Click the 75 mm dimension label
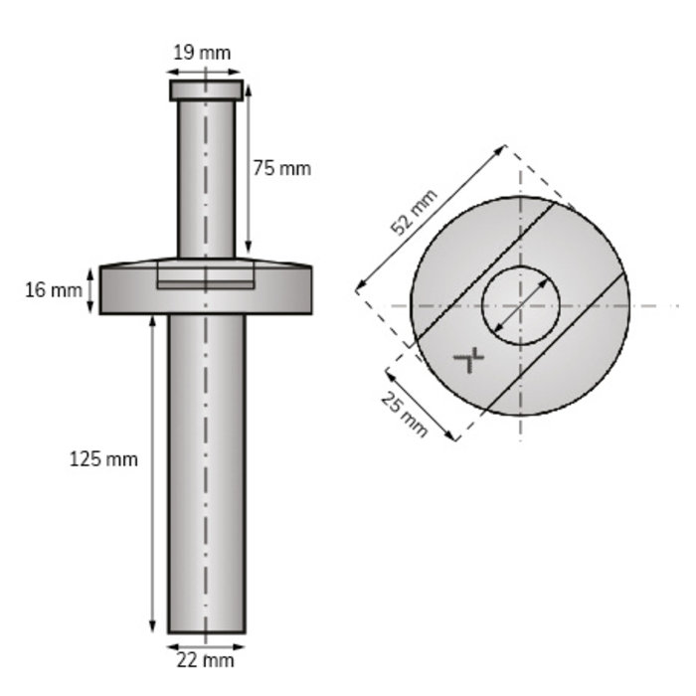click(x=281, y=168)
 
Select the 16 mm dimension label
click(x=53, y=290)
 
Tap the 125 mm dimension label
click(x=103, y=459)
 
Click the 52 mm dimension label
click(x=413, y=214)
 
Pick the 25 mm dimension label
click(x=404, y=414)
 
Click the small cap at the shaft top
click(x=206, y=90)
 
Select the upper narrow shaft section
click(x=206, y=179)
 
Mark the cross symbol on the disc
click(x=468, y=358)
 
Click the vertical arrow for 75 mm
click(x=248, y=169)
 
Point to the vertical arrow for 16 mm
click(x=92, y=289)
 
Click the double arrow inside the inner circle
click(x=520, y=305)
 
